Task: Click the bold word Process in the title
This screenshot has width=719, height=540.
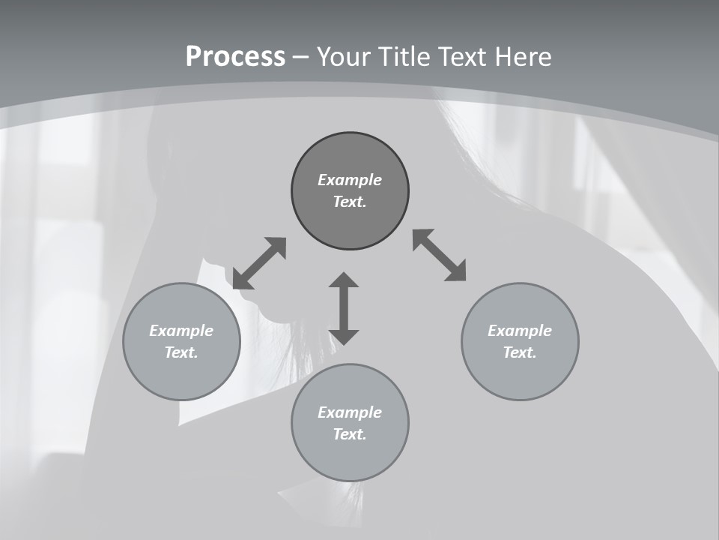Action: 235,57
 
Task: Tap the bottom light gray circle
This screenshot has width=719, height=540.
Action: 350,457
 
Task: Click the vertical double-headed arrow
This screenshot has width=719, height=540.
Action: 344,309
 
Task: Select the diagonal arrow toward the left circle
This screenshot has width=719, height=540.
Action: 259,263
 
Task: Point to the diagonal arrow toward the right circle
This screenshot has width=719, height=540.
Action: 439,255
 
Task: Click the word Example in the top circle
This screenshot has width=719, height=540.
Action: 350,180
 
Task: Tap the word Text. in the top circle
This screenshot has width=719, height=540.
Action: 350,202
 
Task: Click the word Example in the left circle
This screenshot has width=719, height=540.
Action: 181,331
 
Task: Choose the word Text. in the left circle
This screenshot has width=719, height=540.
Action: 181,352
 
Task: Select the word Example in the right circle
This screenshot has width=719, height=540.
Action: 520,331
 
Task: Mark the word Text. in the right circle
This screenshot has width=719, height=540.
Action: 520,352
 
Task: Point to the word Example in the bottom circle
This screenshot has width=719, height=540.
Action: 350,412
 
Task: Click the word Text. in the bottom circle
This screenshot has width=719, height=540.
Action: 350,434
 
